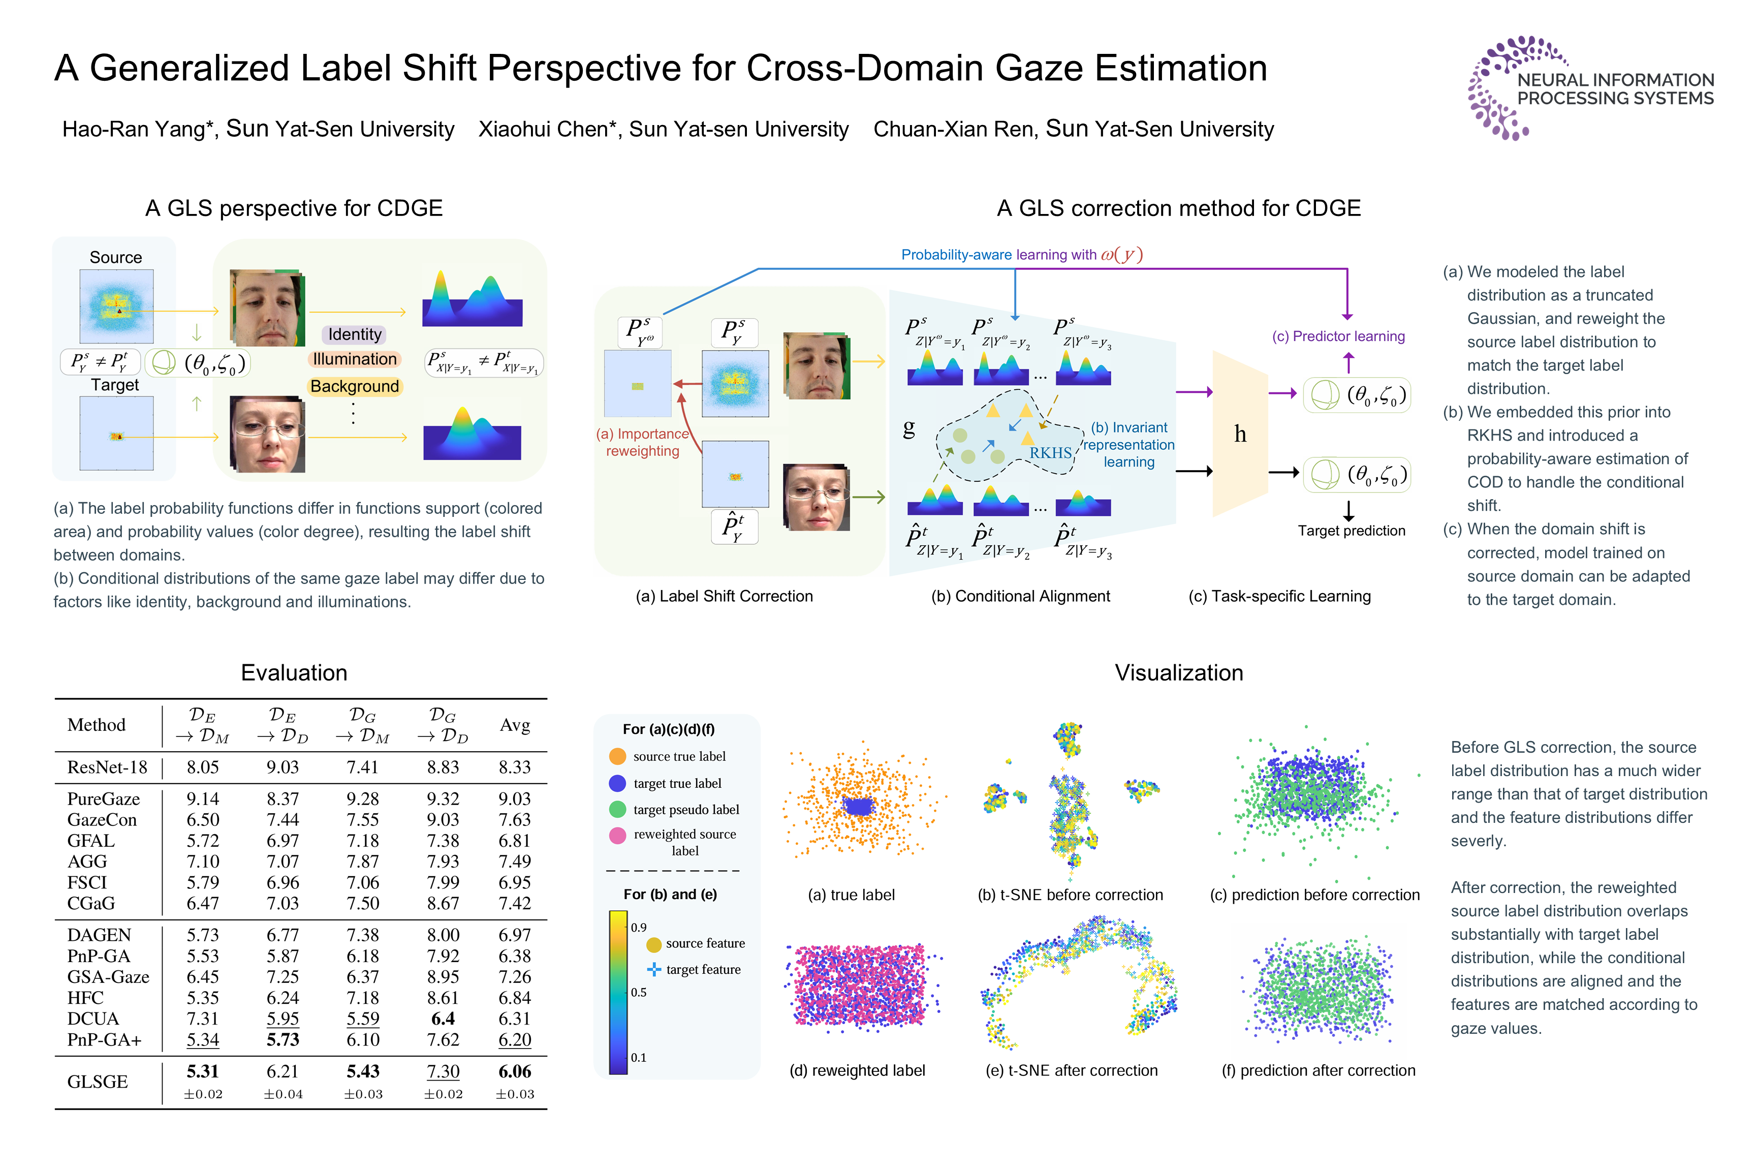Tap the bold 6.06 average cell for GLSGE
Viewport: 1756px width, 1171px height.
pyautogui.click(x=514, y=1072)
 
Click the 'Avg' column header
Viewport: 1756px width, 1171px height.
pyautogui.click(x=514, y=725)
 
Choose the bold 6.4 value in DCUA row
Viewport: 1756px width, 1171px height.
pyautogui.click(x=443, y=1019)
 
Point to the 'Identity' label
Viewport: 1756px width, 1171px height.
pyautogui.click(x=355, y=334)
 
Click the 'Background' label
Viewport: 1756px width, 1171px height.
pyautogui.click(x=355, y=386)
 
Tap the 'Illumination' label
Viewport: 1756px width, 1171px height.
pyautogui.click(x=355, y=359)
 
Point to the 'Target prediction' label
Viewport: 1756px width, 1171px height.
pyautogui.click(x=1351, y=531)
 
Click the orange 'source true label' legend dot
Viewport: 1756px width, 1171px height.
pyautogui.click(x=617, y=756)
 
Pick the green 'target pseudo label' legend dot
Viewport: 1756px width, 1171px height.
pyautogui.click(x=617, y=810)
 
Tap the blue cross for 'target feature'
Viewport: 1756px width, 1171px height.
pyautogui.click(x=654, y=969)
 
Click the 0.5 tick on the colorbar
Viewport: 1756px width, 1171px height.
pyautogui.click(x=638, y=993)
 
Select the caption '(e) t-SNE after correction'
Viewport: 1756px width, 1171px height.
pyautogui.click(x=1072, y=1070)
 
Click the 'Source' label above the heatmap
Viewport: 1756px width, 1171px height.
pyautogui.click(x=116, y=258)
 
